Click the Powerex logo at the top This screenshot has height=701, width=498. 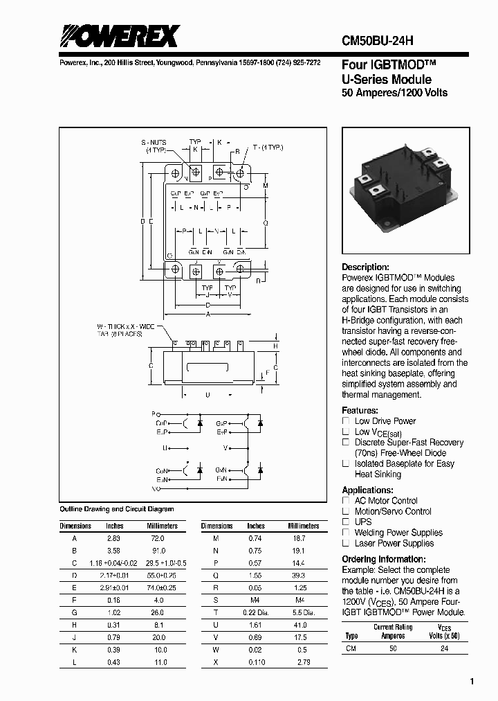click(x=119, y=36)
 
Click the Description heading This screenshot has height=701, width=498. click(x=366, y=267)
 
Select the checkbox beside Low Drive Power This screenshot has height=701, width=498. click(x=347, y=421)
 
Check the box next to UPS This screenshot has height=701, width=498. click(x=347, y=522)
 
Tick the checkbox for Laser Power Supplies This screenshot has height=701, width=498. click(x=347, y=543)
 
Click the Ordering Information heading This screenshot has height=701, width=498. click(x=388, y=560)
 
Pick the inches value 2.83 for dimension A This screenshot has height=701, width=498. click(x=113, y=538)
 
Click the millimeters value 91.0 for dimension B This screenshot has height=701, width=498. click(x=158, y=550)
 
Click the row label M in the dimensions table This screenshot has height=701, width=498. click(x=216, y=538)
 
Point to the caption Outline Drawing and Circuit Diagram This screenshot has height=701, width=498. click(x=117, y=509)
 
